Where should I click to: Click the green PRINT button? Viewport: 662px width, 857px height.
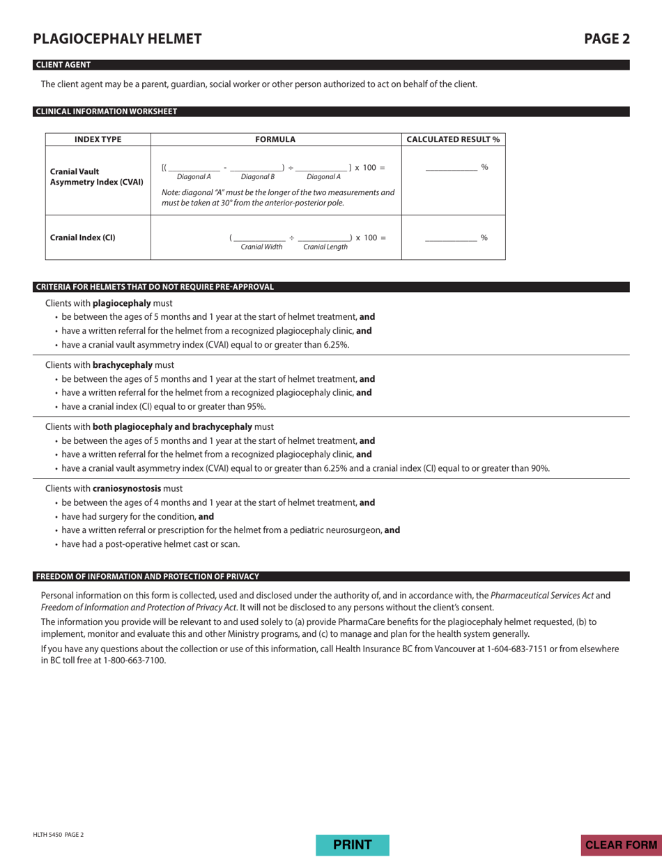point(352,844)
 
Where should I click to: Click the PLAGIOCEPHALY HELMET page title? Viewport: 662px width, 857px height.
point(117,39)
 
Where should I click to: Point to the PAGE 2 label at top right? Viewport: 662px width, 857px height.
point(606,39)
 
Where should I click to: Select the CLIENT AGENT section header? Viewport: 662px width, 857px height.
point(63,65)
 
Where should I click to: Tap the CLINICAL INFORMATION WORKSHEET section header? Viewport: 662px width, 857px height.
point(106,111)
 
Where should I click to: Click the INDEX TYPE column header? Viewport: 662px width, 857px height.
point(98,139)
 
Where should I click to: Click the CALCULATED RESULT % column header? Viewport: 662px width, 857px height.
point(453,139)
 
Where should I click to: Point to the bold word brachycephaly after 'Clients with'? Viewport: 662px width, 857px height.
point(123,364)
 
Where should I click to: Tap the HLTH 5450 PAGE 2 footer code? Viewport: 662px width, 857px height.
point(59,835)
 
